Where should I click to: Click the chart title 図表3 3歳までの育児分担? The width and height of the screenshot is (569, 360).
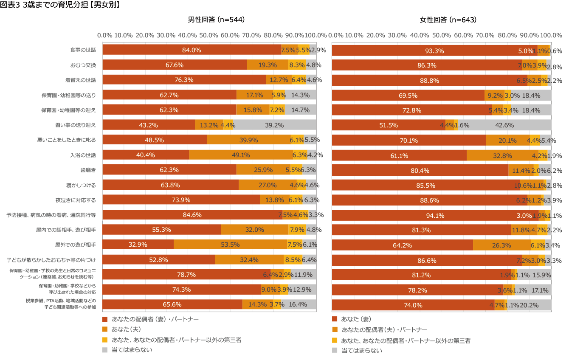pyautogui.click(x=59, y=5)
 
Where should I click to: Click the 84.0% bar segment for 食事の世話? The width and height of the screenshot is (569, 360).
pyautogui.click(x=192, y=50)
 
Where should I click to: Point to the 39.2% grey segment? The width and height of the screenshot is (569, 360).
pyautogui.click(x=274, y=125)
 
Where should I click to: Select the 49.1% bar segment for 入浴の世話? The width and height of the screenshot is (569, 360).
pyautogui.click(x=240, y=155)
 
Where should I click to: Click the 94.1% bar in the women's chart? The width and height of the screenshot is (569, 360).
pyautogui.click(x=435, y=215)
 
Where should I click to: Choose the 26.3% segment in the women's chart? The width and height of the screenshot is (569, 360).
pyautogui.click(x=502, y=245)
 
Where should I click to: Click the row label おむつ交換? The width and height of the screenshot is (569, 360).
pyautogui.click(x=83, y=65)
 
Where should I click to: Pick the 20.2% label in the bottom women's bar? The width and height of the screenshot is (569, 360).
pyautogui.click(x=529, y=305)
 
